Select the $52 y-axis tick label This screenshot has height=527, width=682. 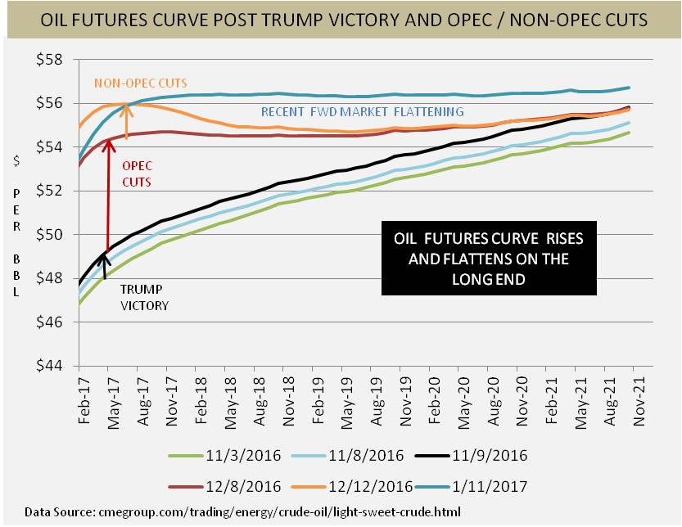point(55,191)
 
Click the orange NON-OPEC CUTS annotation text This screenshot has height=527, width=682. point(140,83)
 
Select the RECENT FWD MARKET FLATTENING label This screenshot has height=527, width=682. point(362,111)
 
